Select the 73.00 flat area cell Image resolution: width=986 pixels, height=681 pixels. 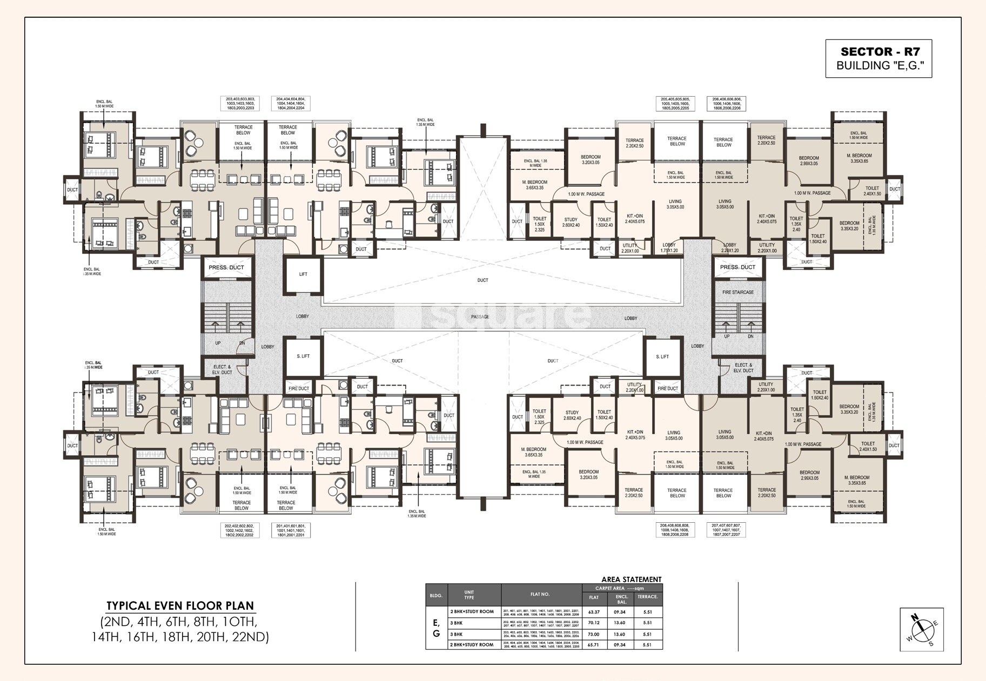click(x=594, y=635)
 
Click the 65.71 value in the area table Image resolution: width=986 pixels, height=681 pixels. click(x=594, y=645)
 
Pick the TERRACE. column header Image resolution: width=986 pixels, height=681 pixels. click(x=648, y=597)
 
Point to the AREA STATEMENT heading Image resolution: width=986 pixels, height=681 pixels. click(x=632, y=579)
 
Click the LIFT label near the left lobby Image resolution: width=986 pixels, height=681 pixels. click(x=303, y=274)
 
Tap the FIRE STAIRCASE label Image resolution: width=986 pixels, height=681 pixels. click(x=738, y=292)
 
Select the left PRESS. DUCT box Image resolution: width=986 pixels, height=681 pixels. click(x=226, y=267)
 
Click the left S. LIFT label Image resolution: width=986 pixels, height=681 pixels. click(x=303, y=356)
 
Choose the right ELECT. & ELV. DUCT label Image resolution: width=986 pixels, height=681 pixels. click(x=744, y=368)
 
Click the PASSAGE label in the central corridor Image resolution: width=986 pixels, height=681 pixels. click(x=480, y=317)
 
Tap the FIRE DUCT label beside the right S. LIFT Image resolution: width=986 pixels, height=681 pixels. click(x=668, y=389)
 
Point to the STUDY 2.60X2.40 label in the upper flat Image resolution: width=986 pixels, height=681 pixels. click(x=571, y=222)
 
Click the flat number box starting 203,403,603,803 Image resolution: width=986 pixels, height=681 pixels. click(x=240, y=104)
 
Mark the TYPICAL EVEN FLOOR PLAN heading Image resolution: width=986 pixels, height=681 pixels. click(x=180, y=605)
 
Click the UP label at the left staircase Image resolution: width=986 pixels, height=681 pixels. click(x=218, y=343)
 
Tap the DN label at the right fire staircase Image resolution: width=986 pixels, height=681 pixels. click(x=750, y=336)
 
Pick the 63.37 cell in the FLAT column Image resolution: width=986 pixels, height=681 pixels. click(x=594, y=612)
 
